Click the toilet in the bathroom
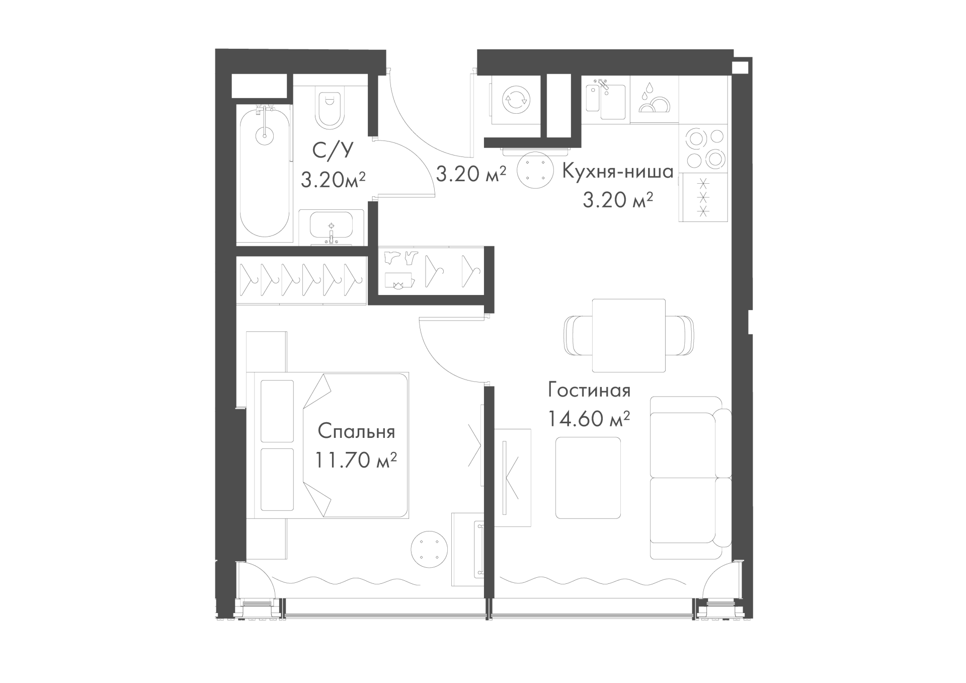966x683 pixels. coord(330,108)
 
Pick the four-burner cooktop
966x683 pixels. coord(703,148)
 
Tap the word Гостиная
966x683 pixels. coord(589,391)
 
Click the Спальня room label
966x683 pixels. coord(356,432)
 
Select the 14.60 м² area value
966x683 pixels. coord(589,419)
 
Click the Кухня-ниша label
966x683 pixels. coord(617,172)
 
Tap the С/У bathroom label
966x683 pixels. coord(333,149)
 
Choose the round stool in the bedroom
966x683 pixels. coord(429,550)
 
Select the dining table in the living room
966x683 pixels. coord(629,335)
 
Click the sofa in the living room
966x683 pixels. coord(690,478)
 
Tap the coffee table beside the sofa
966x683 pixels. coord(588,478)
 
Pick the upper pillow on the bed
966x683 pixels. coord(277,411)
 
